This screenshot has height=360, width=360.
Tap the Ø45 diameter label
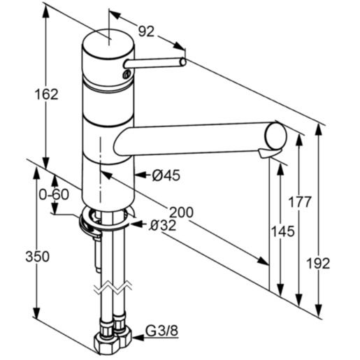pyautogui.click(x=166, y=175)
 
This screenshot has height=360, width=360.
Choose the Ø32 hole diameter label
pyautogui.click(x=161, y=224)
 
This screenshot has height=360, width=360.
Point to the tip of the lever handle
pyautogui.click(x=183, y=63)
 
